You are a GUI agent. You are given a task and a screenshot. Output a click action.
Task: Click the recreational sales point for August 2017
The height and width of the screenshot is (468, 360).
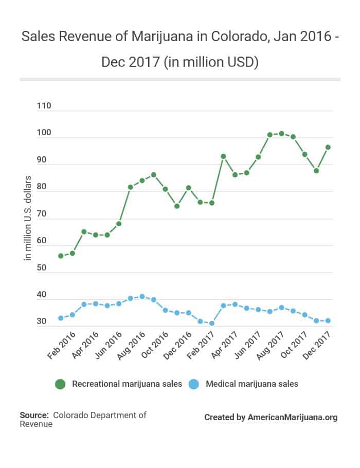281,134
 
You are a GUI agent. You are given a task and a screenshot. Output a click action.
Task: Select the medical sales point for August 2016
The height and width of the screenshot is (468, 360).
142,297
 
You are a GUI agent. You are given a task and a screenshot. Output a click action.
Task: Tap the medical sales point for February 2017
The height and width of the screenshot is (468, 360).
212,323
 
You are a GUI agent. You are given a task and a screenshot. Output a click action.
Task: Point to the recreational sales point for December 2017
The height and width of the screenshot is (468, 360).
328,147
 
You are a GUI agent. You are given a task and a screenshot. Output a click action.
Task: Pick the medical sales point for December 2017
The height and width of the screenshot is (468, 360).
328,320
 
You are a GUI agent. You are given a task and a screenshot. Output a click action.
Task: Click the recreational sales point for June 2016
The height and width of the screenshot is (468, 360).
119,224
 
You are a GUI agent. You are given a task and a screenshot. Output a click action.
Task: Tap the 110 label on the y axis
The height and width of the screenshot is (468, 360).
44,106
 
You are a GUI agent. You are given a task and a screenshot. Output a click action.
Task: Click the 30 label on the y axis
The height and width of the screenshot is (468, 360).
42,322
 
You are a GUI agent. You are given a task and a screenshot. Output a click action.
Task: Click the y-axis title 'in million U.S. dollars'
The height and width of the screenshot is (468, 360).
28,218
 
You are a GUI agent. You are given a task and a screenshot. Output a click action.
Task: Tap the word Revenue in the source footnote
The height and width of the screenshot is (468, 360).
35,424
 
